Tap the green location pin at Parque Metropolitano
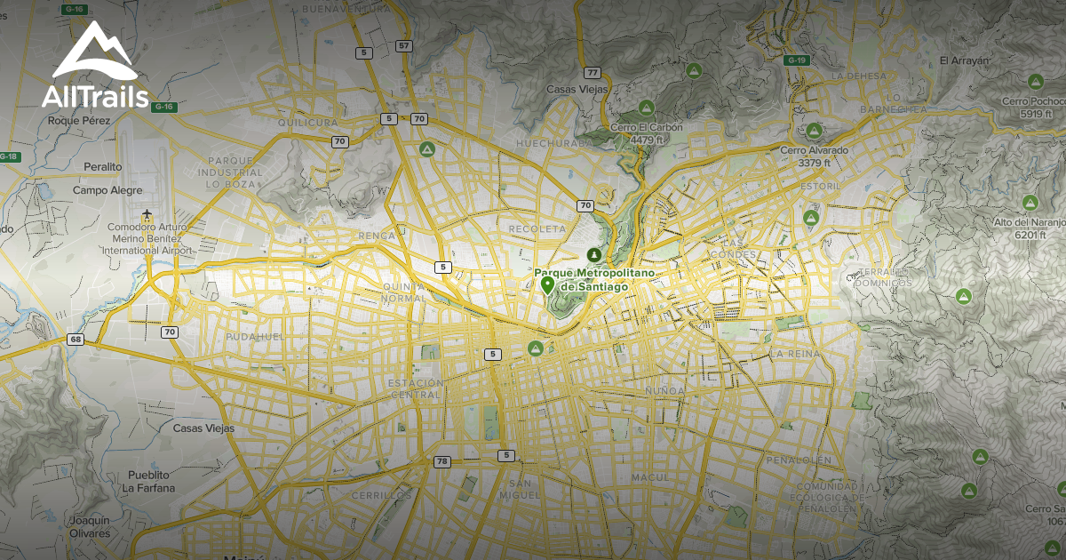click(x=547, y=285)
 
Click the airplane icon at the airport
click(x=147, y=214)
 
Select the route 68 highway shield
click(x=75, y=339)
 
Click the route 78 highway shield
click(x=442, y=461)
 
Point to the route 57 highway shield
click(x=404, y=45)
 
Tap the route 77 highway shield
click(x=593, y=72)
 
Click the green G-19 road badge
click(x=796, y=60)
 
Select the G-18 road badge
click(x=9, y=156)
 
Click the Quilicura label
click(x=307, y=122)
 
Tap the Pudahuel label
click(x=254, y=338)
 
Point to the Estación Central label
click(x=415, y=388)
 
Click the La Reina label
click(x=789, y=354)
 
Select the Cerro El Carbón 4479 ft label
click(x=647, y=133)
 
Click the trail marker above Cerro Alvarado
click(x=813, y=131)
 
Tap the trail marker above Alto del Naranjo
click(x=1030, y=202)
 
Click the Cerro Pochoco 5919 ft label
click(x=1033, y=108)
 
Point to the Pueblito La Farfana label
click(x=148, y=481)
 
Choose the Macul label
click(x=650, y=477)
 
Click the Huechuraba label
click(x=547, y=142)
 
